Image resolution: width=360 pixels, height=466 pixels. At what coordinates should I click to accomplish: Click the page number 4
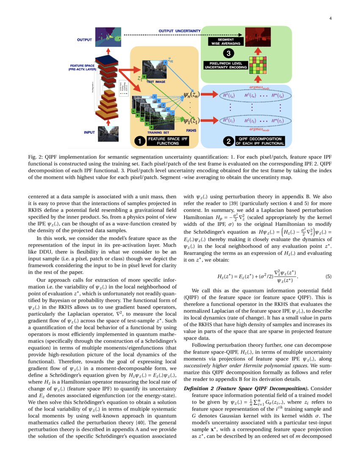[330, 18]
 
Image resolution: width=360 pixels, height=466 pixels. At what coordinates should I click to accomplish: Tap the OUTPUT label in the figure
[85, 40]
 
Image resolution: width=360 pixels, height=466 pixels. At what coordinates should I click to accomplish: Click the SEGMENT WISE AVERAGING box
[226, 42]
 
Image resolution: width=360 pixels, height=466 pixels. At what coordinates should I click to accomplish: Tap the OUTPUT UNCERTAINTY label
[179, 31]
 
